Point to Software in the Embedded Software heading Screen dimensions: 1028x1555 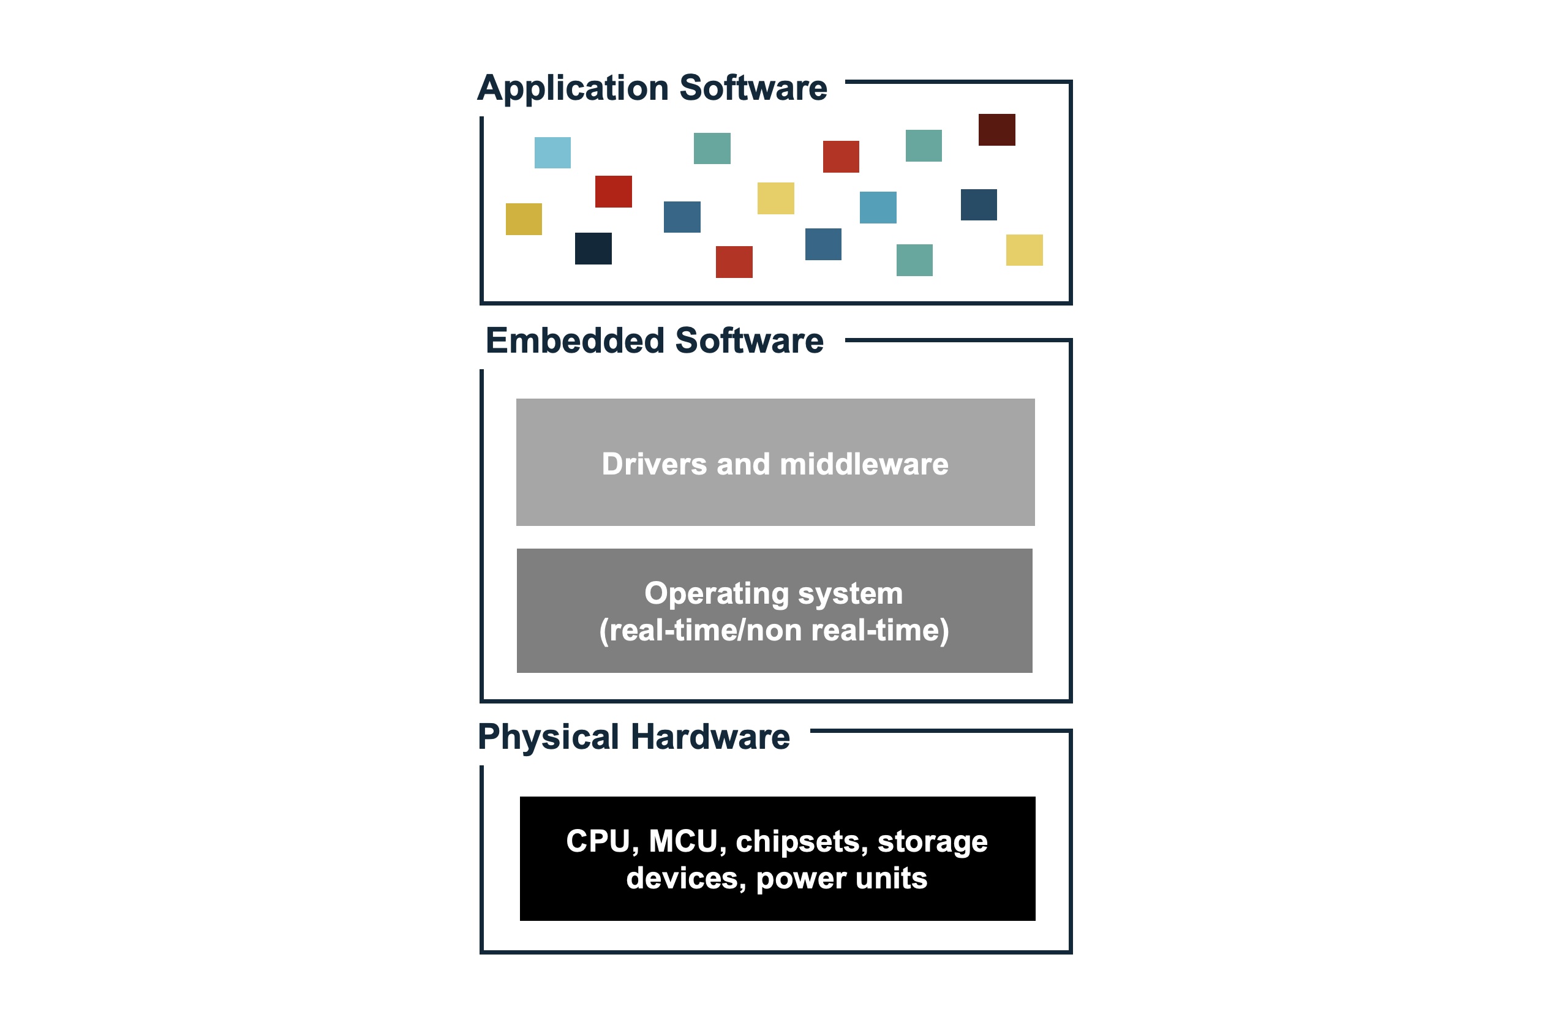pos(749,341)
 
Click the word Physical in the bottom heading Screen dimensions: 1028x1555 pos(548,737)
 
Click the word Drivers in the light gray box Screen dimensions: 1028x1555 pos(654,464)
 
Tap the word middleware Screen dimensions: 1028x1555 pos(864,464)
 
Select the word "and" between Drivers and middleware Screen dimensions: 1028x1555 pos(743,464)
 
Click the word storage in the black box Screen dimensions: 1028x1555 pos(932,842)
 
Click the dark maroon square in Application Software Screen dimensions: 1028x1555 pos(996,130)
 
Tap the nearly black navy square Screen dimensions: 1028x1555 pos(593,249)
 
